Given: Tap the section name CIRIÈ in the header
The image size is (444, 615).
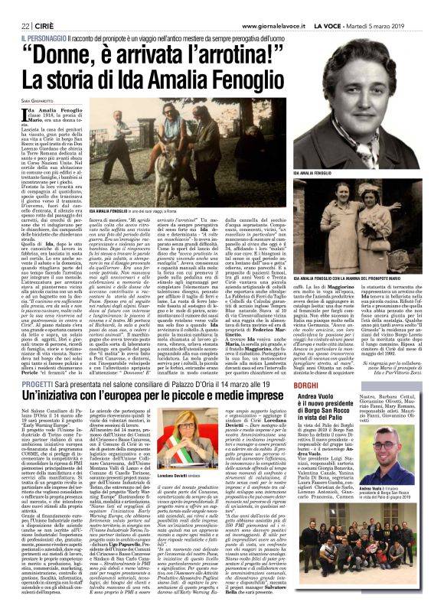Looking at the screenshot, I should coord(51,10).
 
